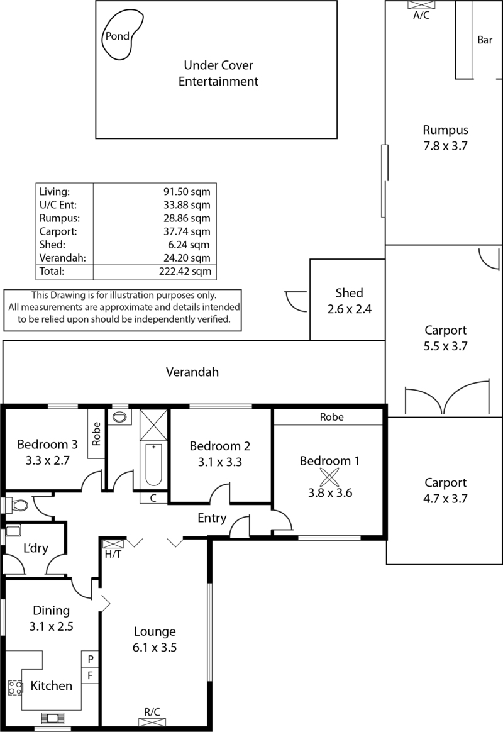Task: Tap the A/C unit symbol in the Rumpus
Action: [x=421, y=4]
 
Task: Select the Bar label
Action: [x=484, y=40]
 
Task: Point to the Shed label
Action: [x=349, y=293]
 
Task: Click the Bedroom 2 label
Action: [x=220, y=446]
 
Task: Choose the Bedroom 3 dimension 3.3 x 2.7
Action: [x=47, y=460]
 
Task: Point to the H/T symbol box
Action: [x=113, y=544]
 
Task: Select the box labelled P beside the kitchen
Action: [x=91, y=659]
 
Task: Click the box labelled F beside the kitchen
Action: [x=91, y=675]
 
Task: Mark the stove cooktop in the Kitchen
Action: [x=15, y=688]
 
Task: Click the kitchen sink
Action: [x=51, y=718]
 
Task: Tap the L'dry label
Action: [x=36, y=548]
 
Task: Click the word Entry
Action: [x=213, y=518]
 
